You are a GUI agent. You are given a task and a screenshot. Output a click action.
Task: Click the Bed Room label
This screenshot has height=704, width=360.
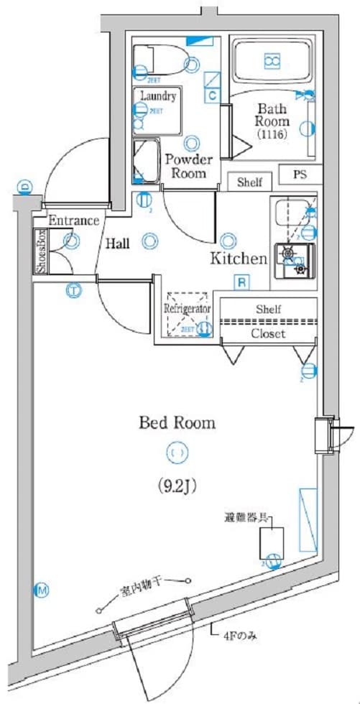coord(177,423)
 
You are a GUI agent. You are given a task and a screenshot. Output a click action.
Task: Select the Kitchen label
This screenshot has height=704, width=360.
coord(238,259)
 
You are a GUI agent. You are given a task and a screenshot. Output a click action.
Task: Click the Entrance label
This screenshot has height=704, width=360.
coord(74,221)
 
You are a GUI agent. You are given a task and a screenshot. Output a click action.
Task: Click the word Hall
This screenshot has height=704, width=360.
coord(117,244)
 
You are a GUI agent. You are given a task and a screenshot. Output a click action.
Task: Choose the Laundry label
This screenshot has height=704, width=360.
coord(158,96)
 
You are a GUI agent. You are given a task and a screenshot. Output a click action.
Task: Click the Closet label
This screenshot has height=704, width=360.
coord(268,334)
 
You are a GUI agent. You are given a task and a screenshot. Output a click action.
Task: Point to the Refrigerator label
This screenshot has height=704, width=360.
coord(186,308)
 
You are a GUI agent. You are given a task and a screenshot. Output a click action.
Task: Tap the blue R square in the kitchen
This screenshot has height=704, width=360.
coord(242,282)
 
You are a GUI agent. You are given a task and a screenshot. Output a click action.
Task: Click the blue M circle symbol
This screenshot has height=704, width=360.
coord(42,591)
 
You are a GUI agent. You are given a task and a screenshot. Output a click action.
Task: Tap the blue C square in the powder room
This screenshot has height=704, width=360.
coord(213,94)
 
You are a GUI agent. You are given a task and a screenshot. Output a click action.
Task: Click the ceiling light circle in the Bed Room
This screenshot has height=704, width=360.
coord(177,453)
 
